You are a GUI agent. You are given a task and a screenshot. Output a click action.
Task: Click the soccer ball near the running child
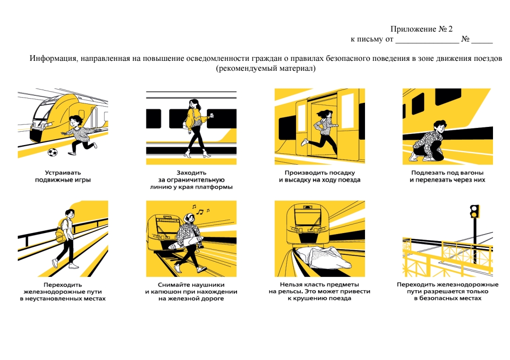pos(52,152)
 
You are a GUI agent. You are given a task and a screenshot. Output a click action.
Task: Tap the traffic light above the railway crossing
pos(475,211)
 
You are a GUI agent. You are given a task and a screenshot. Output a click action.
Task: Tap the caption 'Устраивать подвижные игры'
pos(63,176)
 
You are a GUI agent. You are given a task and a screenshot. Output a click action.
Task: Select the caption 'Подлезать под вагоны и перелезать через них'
pos(447,176)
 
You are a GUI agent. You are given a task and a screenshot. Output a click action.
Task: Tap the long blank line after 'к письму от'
pos(426,40)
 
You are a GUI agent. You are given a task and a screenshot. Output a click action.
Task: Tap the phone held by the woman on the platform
pos(211,115)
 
